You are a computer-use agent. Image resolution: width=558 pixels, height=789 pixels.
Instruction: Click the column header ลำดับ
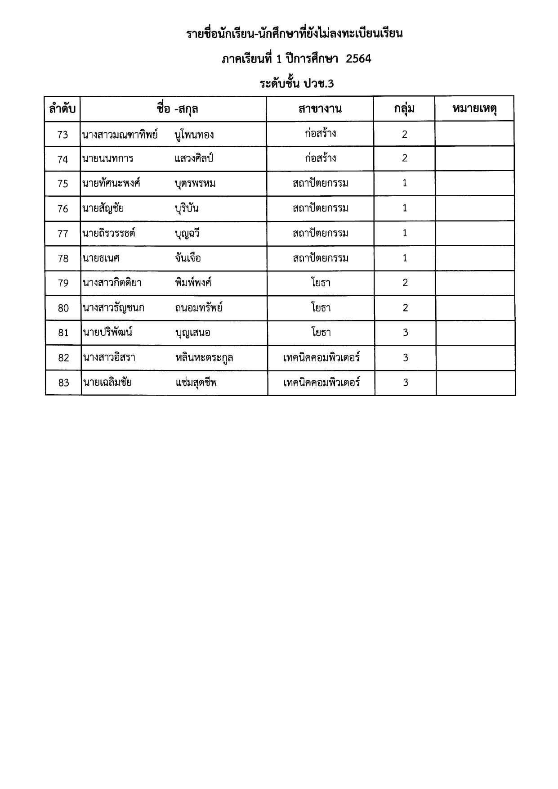pos(62,109)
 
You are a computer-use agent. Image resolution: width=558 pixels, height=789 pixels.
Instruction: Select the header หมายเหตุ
pos(474,109)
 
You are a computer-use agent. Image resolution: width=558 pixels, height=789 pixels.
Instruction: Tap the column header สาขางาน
pos(320,109)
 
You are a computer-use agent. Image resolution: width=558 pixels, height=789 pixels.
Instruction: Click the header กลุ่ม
pos(404,109)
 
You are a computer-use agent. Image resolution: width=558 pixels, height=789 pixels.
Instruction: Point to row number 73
pos(62,135)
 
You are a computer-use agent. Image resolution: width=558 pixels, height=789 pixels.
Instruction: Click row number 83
pos(63,383)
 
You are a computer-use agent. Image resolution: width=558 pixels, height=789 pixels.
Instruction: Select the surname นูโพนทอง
pos(194,135)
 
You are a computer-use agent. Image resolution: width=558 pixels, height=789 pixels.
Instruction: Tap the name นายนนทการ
pos(108,159)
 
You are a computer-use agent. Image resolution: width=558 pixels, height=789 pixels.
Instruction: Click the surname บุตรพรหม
pos(195,184)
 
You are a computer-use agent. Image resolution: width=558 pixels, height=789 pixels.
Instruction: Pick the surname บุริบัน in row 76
pos(187,209)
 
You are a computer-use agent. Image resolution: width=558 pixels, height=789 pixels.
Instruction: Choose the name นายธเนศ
pos(101,258)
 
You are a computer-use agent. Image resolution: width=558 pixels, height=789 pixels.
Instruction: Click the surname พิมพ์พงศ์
pos(193,283)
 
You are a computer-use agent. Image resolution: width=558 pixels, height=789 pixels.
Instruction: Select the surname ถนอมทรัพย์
pos(199,308)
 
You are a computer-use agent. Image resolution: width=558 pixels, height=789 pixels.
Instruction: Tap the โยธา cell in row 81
pos(321,333)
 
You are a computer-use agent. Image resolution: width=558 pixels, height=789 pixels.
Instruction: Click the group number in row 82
pos(405,358)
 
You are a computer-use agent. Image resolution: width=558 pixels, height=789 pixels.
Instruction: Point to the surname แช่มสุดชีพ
pos(196,383)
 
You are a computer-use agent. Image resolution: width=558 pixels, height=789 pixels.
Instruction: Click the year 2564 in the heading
pos(358,59)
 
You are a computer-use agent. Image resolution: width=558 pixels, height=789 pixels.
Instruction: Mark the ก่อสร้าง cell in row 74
pos(320,158)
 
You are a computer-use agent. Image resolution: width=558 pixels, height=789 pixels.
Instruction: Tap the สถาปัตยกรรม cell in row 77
pos(320,233)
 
